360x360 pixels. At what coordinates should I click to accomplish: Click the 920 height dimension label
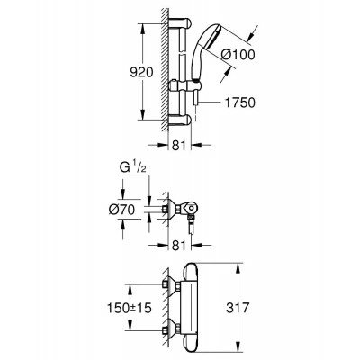[141, 72]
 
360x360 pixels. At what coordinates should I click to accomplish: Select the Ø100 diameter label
[238, 55]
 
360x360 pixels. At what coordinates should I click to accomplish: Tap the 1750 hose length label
[239, 103]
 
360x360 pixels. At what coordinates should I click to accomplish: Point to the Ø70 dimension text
[121, 210]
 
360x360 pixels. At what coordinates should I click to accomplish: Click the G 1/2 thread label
[133, 168]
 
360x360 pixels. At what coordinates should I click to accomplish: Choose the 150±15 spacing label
[130, 308]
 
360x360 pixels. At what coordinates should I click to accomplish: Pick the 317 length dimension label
[238, 308]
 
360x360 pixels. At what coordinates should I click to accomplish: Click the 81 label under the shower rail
[179, 146]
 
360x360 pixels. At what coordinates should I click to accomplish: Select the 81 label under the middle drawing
[179, 246]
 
